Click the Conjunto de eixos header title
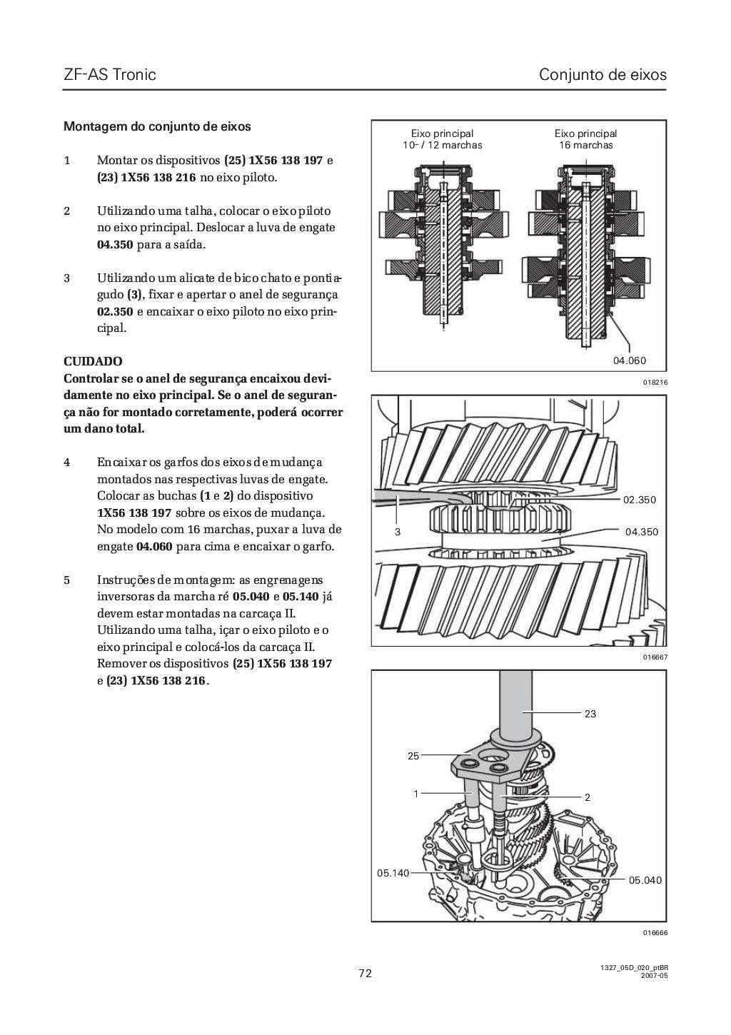pyautogui.click(x=603, y=74)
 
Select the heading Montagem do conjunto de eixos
pyautogui.click(x=157, y=127)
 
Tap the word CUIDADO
pyautogui.click(x=93, y=362)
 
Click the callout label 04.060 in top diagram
pyautogui.click(x=629, y=360)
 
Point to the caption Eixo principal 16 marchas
pyautogui.click(x=585, y=139)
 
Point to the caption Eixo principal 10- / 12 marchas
pyautogui.click(x=442, y=139)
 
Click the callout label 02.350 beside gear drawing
pyautogui.click(x=639, y=500)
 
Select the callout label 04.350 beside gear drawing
pyautogui.click(x=641, y=532)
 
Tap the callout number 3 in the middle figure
pyautogui.click(x=398, y=532)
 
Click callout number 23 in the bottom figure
pyautogui.click(x=590, y=713)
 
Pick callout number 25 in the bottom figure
pyautogui.click(x=413, y=756)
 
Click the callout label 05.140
pyautogui.click(x=393, y=872)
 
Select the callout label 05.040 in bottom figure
pyautogui.click(x=645, y=880)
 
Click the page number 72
pyautogui.click(x=365, y=974)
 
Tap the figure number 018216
pyautogui.click(x=655, y=383)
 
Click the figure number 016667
pyautogui.click(x=655, y=657)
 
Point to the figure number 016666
pyautogui.click(x=655, y=932)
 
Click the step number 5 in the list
pyautogui.click(x=67, y=580)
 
